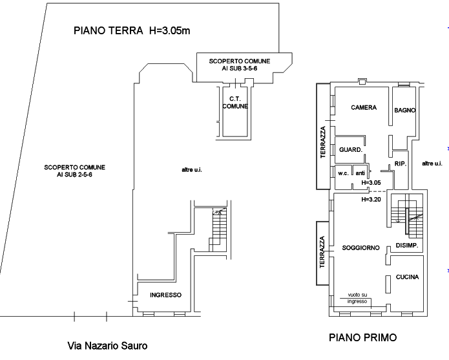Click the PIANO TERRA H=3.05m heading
[x=132, y=30]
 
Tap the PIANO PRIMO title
[x=363, y=337]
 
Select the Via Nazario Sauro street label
[x=107, y=346]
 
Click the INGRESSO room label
[x=165, y=295]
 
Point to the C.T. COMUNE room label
[x=235, y=103]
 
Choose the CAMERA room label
[x=364, y=107]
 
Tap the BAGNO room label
[x=404, y=111]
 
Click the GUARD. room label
[x=351, y=149]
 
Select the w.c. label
[x=343, y=173]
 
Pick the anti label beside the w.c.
[x=360, y=173]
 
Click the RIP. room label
[x=401, y=164]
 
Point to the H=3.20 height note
[x=371, y=200]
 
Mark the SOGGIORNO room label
[x=360, y=248]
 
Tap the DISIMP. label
[x=407, y=246]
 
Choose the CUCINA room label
[x=407, y=277]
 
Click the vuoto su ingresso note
[x=357, y=298]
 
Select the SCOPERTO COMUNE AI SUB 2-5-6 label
[x=74, y=171]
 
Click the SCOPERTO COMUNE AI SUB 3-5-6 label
[x=240, y=65]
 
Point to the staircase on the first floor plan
[x=407, y=216]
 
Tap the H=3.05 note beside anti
[x=371, y=183]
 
